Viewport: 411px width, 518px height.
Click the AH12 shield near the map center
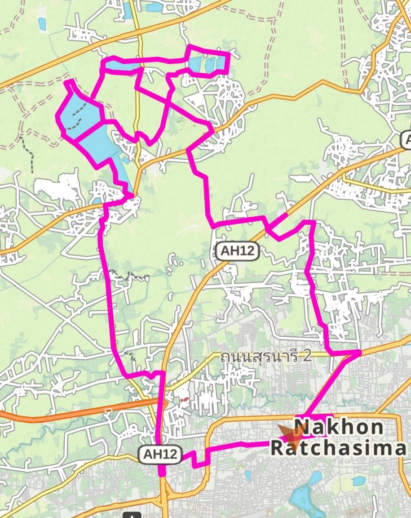click(238, 252)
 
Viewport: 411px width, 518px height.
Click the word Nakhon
click(339, 427)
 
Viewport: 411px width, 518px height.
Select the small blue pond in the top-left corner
click(42, 23)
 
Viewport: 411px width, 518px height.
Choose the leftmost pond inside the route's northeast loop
click(196, 63)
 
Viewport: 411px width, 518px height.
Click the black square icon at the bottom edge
click(134, 514)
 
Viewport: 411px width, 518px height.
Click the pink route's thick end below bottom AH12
click(162, 471)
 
